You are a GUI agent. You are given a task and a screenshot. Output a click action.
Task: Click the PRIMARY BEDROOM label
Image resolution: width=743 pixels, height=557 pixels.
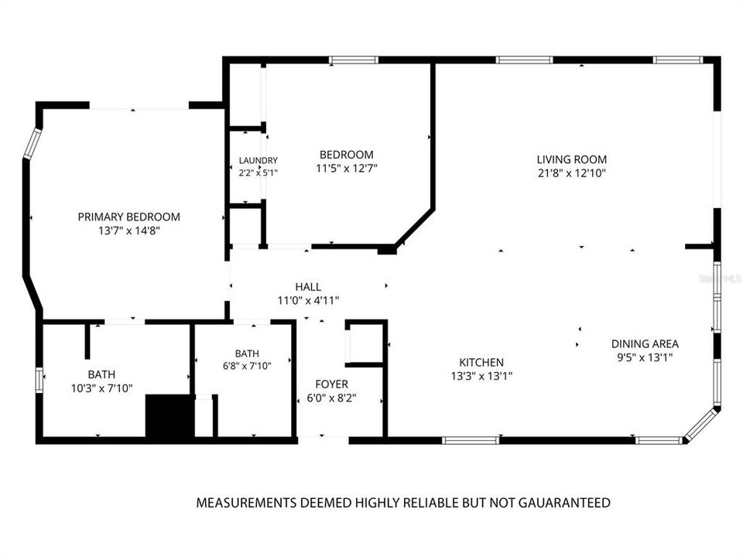pyautogui.click(x=129, y=217)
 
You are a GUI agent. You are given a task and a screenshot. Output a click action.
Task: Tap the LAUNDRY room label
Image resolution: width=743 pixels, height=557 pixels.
pyautogui.click(x=259, y=161)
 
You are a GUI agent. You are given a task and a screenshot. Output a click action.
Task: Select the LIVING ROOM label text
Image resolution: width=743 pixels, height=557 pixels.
pyautogui.click(x=571, y=159)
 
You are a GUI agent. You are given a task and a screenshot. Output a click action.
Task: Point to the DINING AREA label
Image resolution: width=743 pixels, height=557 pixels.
pyautogui.click(x=645, y=343)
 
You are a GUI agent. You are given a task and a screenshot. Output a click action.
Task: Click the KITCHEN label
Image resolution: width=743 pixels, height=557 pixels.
pyautogui.click(x=481, y=362)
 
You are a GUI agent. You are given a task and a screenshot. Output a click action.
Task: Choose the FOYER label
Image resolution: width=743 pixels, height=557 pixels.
pyautogui.click(x=332, y=384)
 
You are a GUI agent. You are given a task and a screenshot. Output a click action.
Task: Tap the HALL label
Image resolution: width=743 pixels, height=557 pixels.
pyautogui.click(x=308, y=286)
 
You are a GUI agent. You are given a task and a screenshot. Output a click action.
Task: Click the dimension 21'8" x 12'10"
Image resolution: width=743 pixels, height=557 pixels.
pyautogui.click(x=572, y=173)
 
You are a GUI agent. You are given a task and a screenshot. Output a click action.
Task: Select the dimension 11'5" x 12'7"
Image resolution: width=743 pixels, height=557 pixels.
pyautogui.click(x=347, y=169)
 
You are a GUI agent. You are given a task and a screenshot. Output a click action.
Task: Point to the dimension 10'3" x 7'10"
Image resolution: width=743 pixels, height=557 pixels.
pyautogui.click(x=102, y=389)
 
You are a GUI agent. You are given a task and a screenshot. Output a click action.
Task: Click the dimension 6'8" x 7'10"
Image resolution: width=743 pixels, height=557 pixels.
pyautogui.click(x=247, y=366)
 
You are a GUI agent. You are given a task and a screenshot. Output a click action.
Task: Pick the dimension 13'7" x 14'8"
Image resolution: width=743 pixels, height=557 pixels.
pyautogui.click(x=129, y=231)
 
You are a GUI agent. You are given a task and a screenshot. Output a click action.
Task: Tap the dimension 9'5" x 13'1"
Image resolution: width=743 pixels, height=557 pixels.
pyautogui.click(x=645, y=357)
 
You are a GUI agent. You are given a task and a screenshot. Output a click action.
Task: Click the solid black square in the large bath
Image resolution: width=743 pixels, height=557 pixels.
pyautogui.click(x=169, y=416)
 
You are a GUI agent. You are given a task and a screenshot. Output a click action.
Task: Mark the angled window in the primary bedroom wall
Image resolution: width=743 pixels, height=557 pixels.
pyautogui.click(x=33, y=143)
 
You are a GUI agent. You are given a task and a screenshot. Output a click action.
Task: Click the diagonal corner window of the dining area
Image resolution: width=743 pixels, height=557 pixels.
pyautogui.click(x=702, y=425)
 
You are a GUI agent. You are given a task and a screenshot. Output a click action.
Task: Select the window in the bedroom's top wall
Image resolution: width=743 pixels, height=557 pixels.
pyautogui.click(x=354, y=60)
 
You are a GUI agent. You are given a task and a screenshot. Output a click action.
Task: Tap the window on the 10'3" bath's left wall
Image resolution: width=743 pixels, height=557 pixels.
pyautogui.click(x=39, y=380)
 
